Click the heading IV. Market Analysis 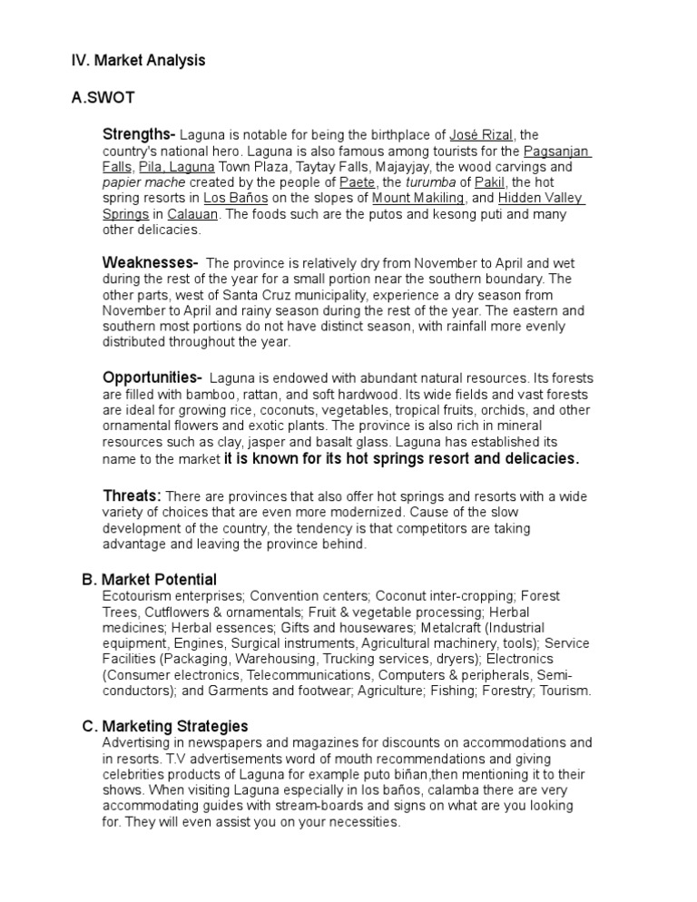138,61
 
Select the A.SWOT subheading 104,98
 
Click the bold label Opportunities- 152,377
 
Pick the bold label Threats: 132,495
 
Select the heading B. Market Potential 149,579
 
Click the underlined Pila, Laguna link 176,167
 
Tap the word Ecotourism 138,596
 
